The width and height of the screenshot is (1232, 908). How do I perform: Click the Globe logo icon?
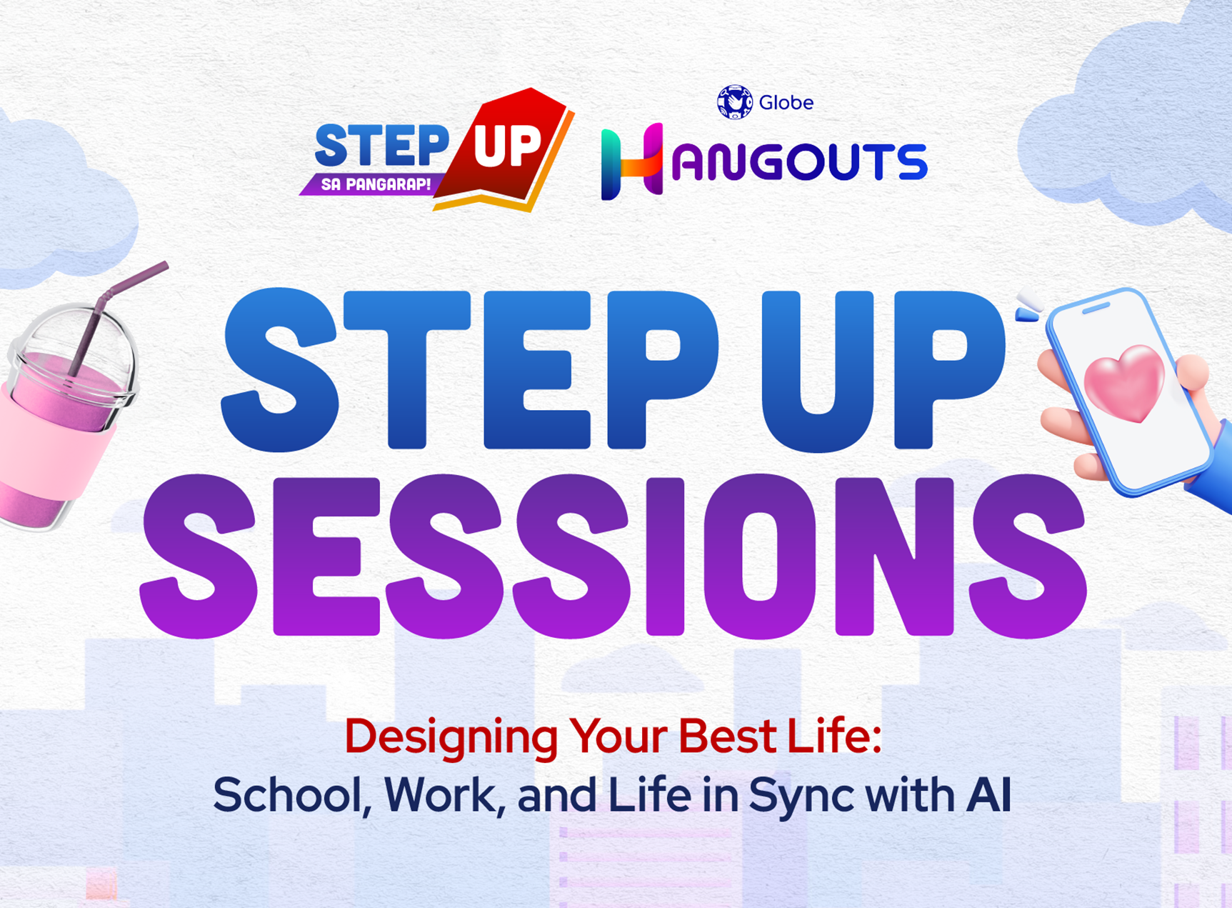(x=735, y=102)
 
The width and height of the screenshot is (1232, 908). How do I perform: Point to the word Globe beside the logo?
(x=786, y=103)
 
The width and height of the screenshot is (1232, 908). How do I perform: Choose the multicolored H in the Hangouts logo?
(x=632, y=161)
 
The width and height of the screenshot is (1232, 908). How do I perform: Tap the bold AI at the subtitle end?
(x=988, y=794)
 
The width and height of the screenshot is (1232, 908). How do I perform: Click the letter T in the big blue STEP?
(x=407, y=369)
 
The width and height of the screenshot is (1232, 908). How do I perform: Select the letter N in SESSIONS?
(x=894, y=557)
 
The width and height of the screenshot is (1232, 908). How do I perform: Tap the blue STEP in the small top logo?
(x=381, y=145)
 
